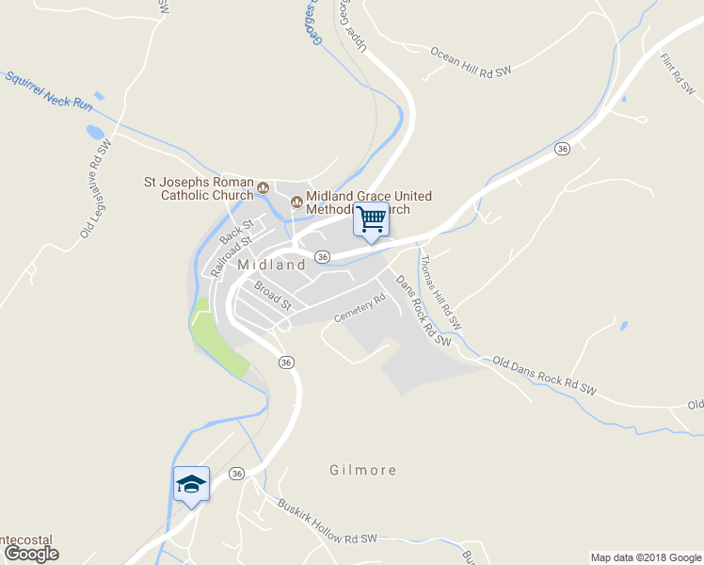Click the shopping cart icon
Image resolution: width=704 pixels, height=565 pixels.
coord(371,219)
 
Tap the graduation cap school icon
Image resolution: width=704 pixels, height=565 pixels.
coord(191,484)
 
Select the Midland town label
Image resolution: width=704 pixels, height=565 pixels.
coord(271,265)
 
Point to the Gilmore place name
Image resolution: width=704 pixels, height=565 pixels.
coord(363,469)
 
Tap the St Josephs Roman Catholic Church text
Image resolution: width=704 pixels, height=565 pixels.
coord(198,188)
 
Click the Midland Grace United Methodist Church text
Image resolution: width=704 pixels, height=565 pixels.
coord(362,202)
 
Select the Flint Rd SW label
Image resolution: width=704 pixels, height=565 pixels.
coord(677,74)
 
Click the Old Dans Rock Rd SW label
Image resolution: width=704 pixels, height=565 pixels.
coord(545,374)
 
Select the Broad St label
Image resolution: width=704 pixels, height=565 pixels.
coord(273,295)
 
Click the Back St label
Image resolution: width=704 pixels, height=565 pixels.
coord(236,233)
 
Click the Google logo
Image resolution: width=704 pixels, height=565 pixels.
coord(31,554)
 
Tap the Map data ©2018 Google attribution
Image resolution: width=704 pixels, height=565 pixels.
coord(646,557)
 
